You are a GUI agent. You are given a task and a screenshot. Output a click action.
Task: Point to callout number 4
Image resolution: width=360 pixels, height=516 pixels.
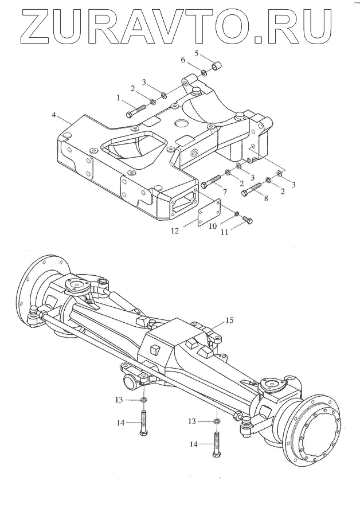point(54,115)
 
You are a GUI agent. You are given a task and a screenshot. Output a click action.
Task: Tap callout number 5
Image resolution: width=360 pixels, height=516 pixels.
point(195,53)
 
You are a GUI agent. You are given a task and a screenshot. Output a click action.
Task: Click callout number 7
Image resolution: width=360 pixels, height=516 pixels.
point(224,190)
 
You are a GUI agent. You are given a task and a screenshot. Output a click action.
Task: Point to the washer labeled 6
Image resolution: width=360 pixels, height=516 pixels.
point(205,73)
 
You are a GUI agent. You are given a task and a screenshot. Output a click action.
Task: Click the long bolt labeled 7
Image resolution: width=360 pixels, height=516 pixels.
point(212,181)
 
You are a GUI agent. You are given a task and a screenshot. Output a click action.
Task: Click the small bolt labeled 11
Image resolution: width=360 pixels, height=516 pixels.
point(248,219)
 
